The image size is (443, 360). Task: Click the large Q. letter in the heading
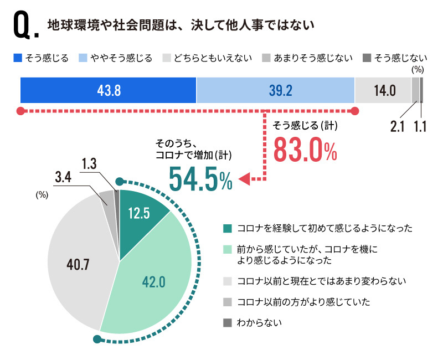[23, 27]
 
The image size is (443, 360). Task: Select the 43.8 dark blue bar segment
[109, 90]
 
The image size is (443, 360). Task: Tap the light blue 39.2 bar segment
[275, 90]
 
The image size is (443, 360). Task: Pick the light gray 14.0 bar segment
[383, 90]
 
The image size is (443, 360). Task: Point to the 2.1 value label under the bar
[398, 126]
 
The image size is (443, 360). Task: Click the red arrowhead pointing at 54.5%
[243, 178]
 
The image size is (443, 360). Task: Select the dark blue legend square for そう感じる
[17, 58]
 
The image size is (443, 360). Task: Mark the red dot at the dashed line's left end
[20, 111]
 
